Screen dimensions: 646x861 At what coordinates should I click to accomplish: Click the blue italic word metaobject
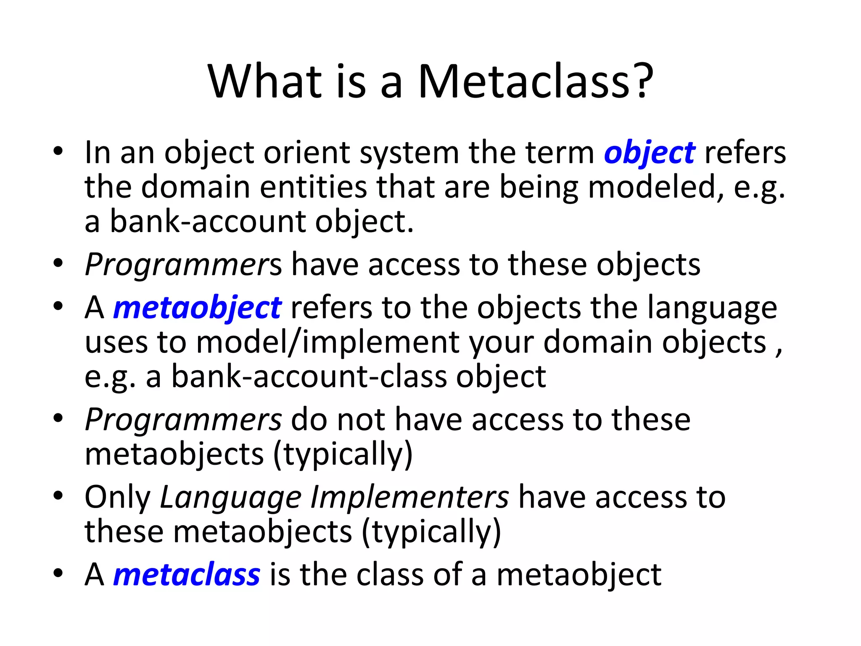click(197, 308)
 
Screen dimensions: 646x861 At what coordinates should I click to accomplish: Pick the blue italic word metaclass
click(187, 575)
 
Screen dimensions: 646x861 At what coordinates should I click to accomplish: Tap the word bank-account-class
click(309, 377)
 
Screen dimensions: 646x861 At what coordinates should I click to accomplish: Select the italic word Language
click(231, 498)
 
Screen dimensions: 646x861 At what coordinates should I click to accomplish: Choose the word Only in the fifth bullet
click(117, 498)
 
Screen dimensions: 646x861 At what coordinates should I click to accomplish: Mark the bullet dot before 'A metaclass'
click(58, 573)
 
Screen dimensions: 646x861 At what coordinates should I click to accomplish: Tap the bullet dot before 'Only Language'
click(58, 496)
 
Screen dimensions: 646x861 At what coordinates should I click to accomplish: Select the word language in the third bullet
click(712, 309)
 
